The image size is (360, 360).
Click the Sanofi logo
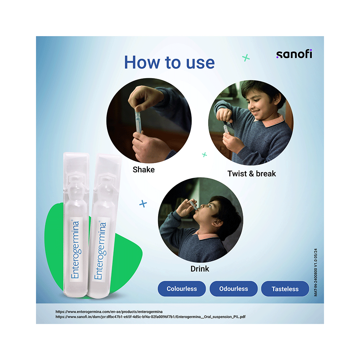[x=294, y=54]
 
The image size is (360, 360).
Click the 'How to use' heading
[x=170, y=62]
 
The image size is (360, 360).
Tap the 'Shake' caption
[x=144, y=170]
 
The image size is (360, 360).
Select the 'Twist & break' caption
[x=252, y=174]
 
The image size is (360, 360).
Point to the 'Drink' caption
[x=200, y=269]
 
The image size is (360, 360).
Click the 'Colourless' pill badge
[x=181, y=289]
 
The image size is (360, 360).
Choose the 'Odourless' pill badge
[x=234, y=289]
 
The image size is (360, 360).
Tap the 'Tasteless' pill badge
[x=285, y=289]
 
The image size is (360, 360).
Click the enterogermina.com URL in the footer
[x=109, y=311]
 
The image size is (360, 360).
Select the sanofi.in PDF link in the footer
[x=150, y=317]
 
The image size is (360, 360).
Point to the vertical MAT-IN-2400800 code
[x=316, y=272]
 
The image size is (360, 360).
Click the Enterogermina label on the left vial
[x=75, y=249]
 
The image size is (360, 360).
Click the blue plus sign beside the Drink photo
[x=143, y=204]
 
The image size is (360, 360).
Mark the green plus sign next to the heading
[x=246, y=58]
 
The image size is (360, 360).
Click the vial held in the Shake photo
[x=138, y=122]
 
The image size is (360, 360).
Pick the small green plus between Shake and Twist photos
[x=204, y=155]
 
